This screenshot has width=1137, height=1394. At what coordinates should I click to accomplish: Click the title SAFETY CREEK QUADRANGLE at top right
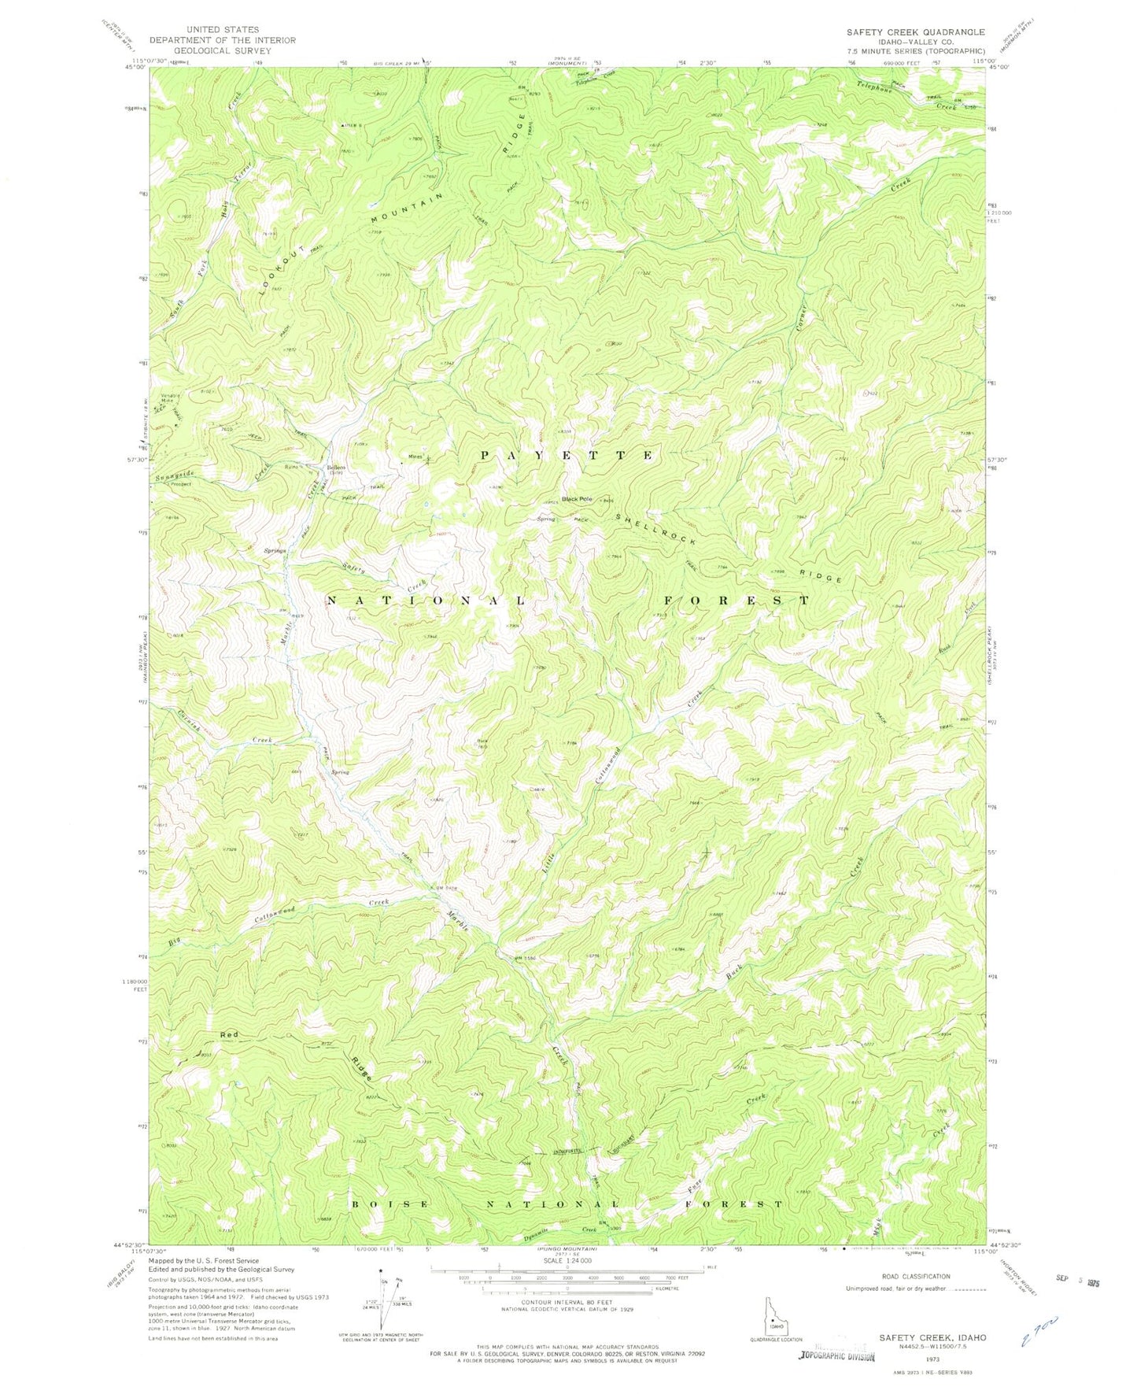[x=915, y=32]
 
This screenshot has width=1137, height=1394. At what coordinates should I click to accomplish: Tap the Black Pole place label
[x=577, y=499]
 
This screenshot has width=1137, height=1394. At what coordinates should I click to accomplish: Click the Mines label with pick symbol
[x=415, y=457]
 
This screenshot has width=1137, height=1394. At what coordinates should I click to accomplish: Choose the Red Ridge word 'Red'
[x=229, y=1033]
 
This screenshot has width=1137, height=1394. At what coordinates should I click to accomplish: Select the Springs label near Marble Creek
[x=274, y=550]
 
